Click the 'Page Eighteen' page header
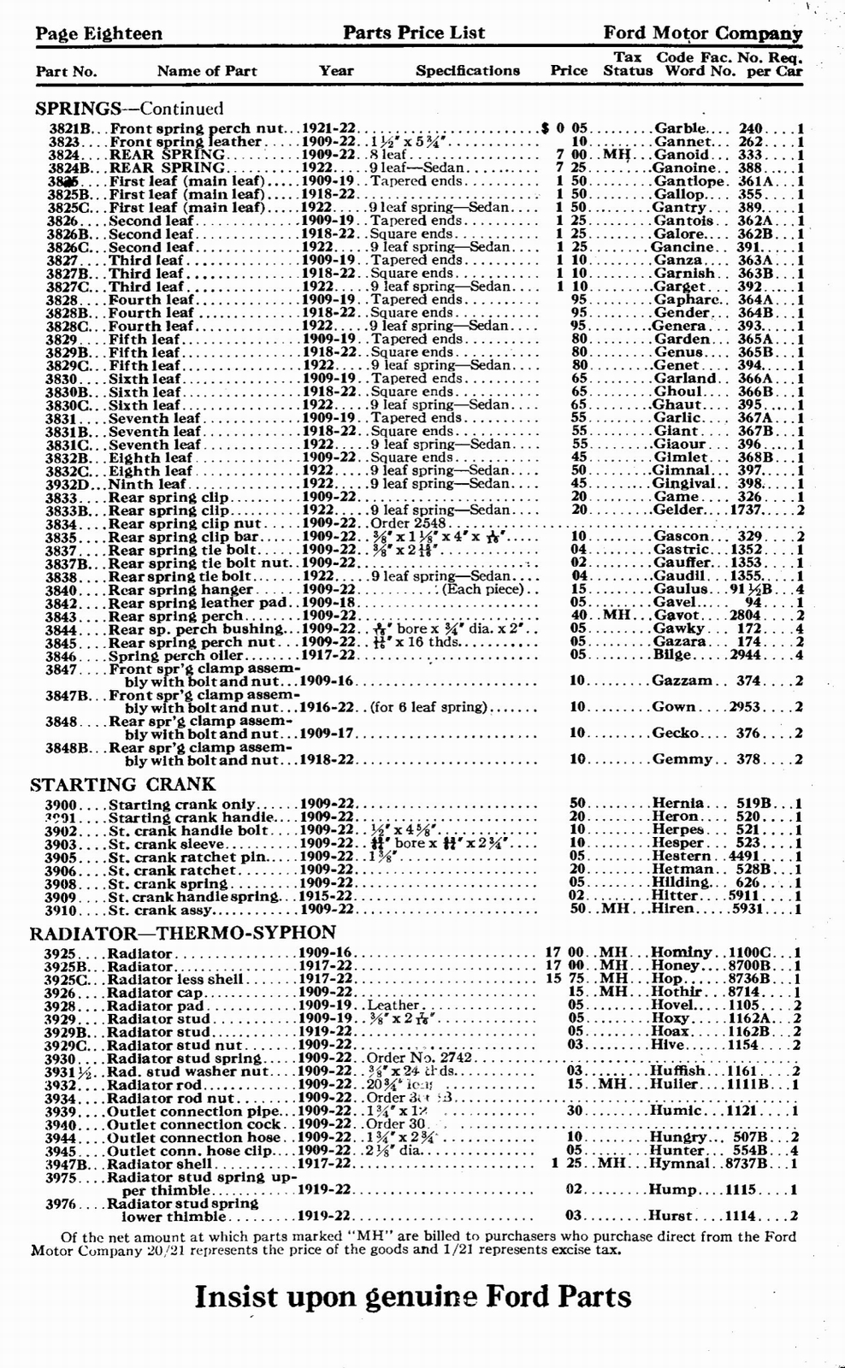click(98, 33)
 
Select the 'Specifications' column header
click(467, 71)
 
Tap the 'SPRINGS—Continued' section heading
click(129, 109)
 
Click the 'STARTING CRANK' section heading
click(123, 784)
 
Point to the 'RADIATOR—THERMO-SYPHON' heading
click(183, 932)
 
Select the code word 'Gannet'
click(682, 142)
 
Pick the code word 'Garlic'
click(677, 418)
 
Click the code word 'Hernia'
click(678, 803)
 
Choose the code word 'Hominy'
click(682, 952)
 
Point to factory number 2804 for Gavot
click(751, 616)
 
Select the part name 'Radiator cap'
click(155, 993)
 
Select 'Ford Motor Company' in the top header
click(702, 33)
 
